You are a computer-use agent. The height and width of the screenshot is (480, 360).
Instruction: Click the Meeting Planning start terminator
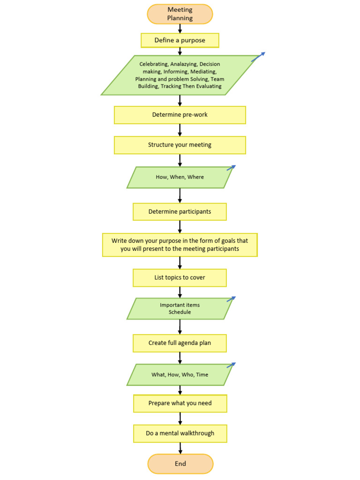tap(180, 14)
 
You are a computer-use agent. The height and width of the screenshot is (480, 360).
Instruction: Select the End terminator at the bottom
tap(180, 464)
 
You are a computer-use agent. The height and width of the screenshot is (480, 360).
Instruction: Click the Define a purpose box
tap(180, 40)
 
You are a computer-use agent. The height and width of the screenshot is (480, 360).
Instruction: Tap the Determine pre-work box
tap(180, 115)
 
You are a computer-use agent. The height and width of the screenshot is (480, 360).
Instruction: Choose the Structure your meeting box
tap(180, 145)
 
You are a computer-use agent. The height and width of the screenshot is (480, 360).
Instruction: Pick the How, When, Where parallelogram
tap(180, 177)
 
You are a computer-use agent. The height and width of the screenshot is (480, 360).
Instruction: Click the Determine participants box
tap(180, 211)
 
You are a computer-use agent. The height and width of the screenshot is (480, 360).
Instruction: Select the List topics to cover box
tap(180, 277)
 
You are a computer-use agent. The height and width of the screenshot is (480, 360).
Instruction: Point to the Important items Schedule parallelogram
tap(180, 308)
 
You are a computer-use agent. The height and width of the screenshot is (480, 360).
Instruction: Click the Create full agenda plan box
tap(180, 343)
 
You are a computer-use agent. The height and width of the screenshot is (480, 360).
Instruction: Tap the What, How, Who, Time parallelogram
tap(180, 375)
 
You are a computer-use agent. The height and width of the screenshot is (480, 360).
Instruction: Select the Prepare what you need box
tap(180, 403)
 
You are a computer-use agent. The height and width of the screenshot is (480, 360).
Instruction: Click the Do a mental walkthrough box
tap(180, 433)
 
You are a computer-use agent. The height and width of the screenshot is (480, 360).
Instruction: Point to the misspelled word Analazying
tap(184, 64)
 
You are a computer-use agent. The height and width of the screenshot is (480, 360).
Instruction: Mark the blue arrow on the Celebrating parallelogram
tap(258, 57)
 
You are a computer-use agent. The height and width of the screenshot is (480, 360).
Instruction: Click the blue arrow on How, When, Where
tap(231, 167)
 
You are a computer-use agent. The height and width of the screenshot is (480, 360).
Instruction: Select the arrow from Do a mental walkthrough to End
tap(180, 448)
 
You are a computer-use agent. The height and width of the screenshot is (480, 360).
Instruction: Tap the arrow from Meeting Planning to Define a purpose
tap(180, 28)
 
